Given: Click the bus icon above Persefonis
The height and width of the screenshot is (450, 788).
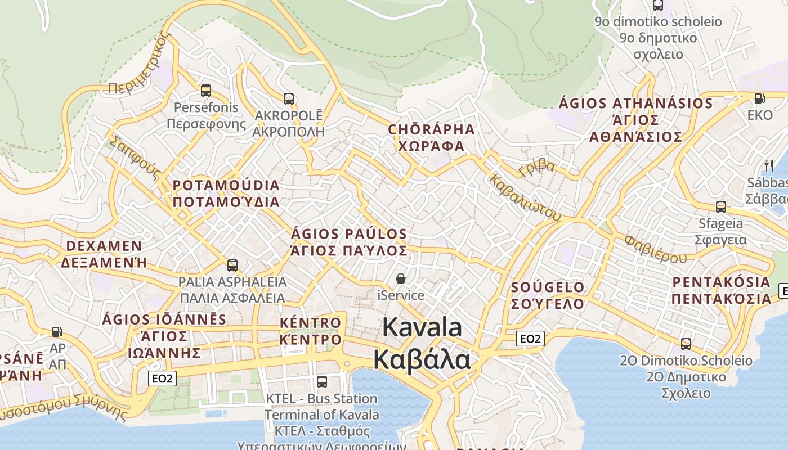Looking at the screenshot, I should [206, 90].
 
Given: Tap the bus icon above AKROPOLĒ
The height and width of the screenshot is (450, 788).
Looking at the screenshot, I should [289, 99].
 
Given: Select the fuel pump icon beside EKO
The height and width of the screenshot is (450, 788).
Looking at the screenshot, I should [759, 98].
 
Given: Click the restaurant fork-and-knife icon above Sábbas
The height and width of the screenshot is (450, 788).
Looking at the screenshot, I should [769, 165].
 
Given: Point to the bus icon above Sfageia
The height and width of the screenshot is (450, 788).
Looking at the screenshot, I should [721, 206].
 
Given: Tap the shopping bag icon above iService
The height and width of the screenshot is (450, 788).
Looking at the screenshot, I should [401, 278].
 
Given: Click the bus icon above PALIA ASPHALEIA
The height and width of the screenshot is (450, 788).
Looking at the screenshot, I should [232, 265].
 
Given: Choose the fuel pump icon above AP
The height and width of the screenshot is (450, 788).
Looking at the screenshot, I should [57, 332].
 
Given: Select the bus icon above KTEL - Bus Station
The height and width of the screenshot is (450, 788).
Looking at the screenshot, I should [322, 381].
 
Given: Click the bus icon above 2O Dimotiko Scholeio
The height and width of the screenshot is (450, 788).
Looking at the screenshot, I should [686, 344].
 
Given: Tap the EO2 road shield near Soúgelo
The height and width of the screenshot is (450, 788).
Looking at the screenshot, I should [530, 339].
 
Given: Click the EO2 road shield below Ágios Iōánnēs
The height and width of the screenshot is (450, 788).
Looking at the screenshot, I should [163, 379].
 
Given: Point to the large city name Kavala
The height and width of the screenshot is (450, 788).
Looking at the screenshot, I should [422, 327].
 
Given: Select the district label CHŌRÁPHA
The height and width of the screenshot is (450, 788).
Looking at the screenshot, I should [431, 129].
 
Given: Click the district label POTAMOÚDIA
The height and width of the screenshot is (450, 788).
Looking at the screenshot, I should [226, 185].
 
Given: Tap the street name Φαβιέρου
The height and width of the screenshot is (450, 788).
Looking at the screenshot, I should [655, 249].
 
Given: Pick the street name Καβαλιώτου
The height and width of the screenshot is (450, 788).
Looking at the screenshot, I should [525, 197].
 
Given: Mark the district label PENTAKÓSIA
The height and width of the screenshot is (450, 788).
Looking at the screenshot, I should [721, 282].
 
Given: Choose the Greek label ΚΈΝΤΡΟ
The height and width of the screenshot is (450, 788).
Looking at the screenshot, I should [310, 340].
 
